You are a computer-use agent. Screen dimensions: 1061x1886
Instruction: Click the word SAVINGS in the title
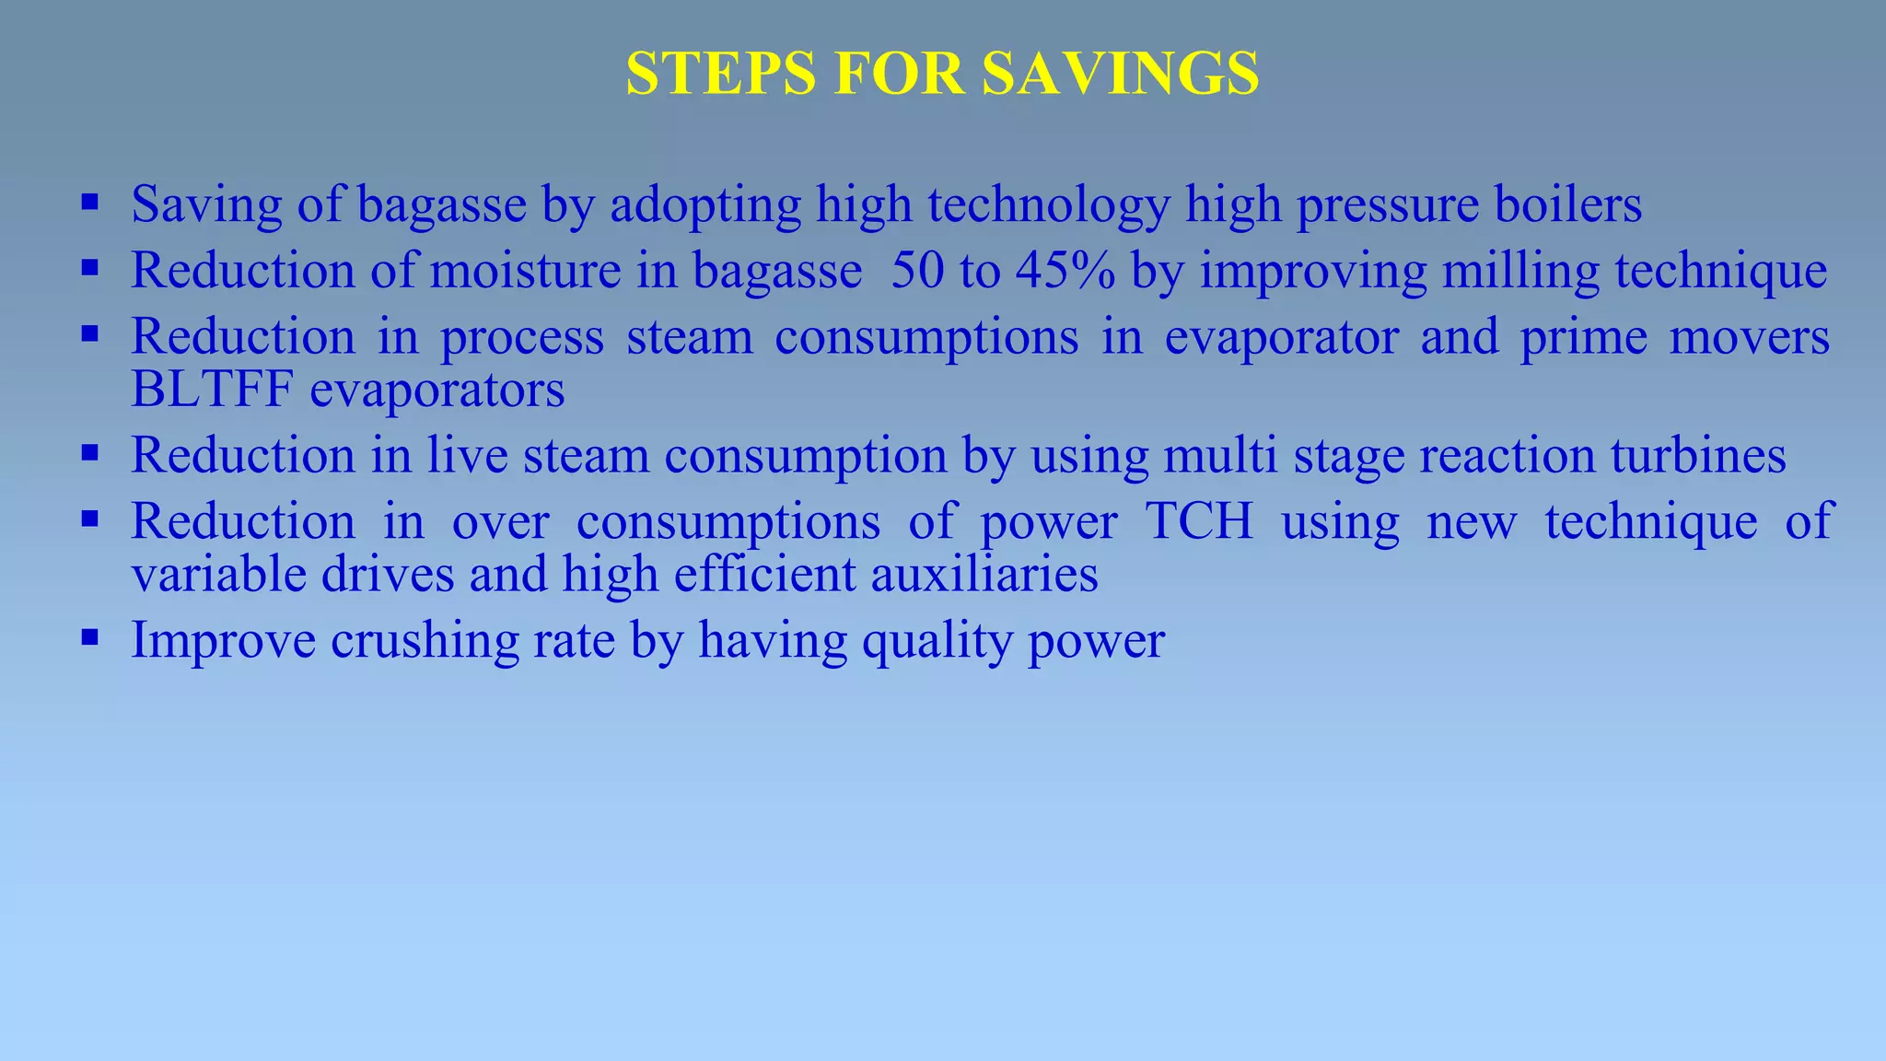(1120, 73)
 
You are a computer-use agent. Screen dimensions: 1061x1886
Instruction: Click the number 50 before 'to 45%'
(917, 271)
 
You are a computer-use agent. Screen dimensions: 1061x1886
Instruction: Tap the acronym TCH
(1199, 521)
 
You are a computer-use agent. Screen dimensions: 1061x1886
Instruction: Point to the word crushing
(425, 641)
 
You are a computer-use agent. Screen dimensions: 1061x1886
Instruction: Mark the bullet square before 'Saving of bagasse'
(89, 203)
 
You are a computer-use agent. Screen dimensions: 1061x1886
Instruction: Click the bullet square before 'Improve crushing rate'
(89, 637)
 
